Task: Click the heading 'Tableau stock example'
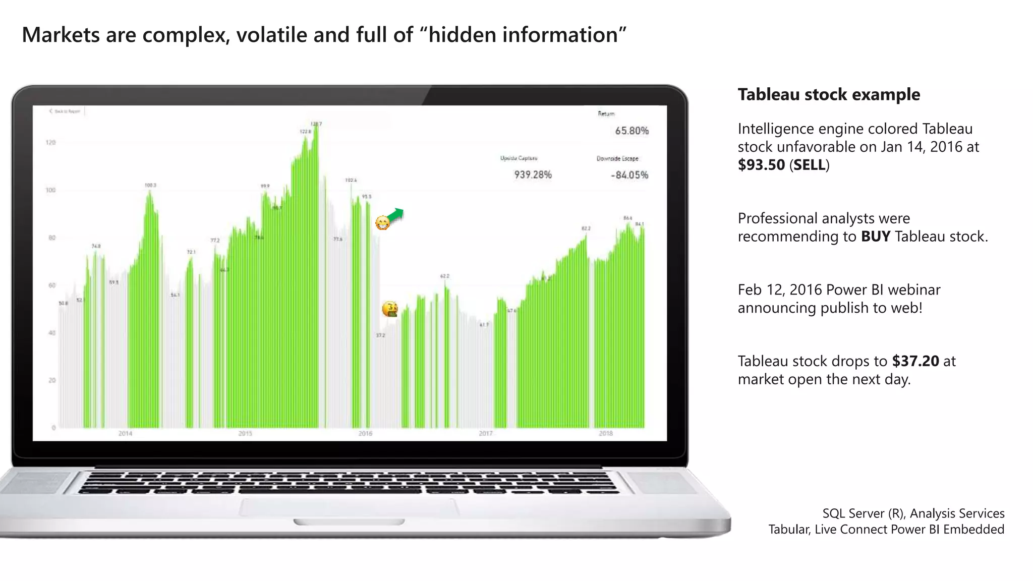pos(829,95)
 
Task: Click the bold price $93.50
pos(761,165)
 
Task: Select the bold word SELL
pos(809,165)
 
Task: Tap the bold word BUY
pos(875,237)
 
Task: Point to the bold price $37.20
pos(915,361)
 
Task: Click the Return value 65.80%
pos(632,131)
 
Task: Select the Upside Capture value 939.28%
pos(533,175)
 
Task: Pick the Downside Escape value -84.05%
pos(629,176)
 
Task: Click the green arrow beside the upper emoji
pos(396,215)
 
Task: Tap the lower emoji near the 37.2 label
pos(389,309)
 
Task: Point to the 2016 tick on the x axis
pos(365,434)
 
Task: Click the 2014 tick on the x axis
pos(125,434)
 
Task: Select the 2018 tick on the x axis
pos(605,434)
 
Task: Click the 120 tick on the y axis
pos(50,143)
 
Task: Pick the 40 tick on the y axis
pos(51,333)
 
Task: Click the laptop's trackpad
pos(349,507)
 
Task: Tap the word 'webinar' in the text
pos(914,290)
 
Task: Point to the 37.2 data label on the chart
pos(380,335)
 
